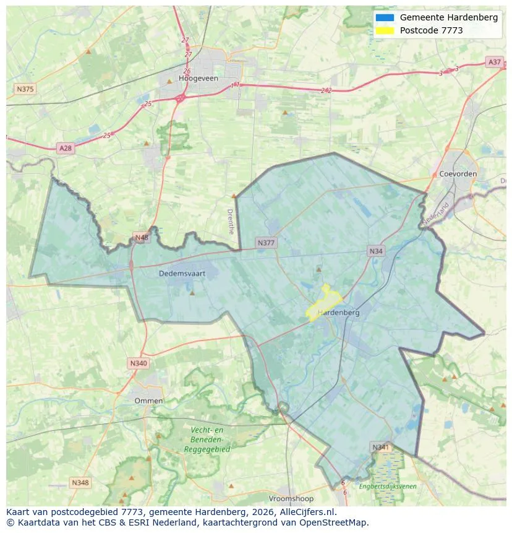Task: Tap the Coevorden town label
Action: (458, 174)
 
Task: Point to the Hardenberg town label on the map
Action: (338, 313)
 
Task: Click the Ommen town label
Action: (149, 401)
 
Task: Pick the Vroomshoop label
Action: (291, 498)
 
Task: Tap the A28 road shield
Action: (65, 148)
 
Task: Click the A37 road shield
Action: (494, 62)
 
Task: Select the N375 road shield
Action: (25, 89)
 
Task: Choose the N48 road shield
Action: (142, 238)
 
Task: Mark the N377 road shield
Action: (266, 243)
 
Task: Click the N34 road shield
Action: (376, 251)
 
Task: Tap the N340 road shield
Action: (139, 363)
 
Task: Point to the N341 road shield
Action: (381, 447)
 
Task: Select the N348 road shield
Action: (80, 482)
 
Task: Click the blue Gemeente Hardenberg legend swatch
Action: (385, 17)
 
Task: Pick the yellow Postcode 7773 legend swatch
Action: (385, 30)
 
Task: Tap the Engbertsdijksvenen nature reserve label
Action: (388, 487)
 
